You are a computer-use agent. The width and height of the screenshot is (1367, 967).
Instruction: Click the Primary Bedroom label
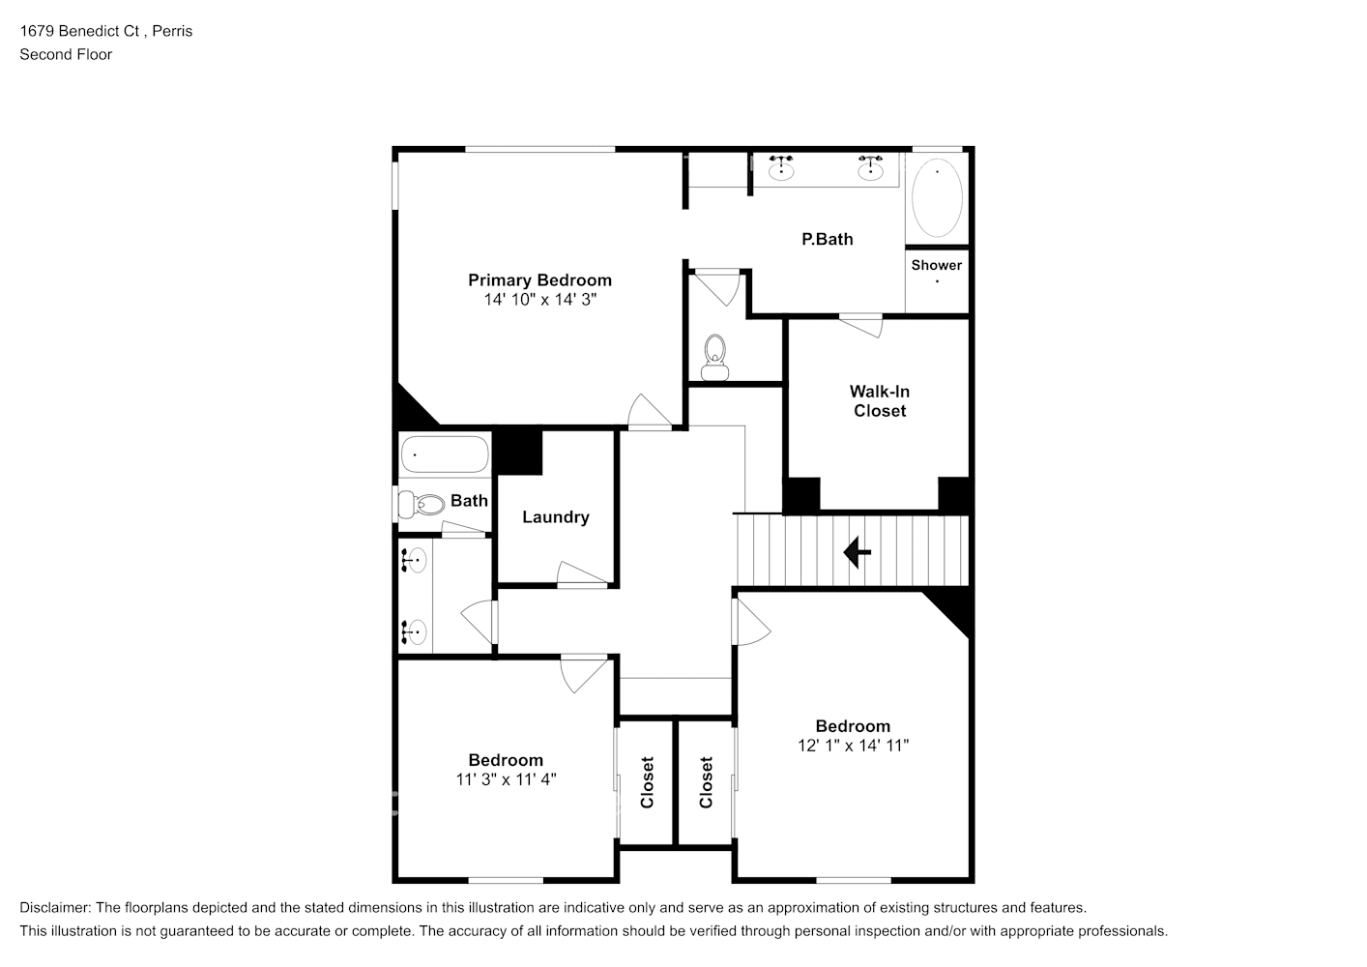coord(539,280)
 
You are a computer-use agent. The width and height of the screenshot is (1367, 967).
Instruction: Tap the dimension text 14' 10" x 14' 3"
coord(539,300)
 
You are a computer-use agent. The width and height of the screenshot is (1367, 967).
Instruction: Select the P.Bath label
coord(828,239)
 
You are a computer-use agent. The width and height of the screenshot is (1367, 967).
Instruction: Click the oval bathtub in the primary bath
coord(937,198)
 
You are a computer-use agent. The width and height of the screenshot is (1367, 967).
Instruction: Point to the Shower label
coord(936,265)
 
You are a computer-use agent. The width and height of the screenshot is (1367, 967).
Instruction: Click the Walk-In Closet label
coord(879,401)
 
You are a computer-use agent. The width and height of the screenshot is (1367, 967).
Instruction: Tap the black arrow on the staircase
coord(857,552)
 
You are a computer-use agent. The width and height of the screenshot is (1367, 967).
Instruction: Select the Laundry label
coord(555,517)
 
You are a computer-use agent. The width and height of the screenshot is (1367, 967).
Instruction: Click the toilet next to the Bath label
coord(419,503)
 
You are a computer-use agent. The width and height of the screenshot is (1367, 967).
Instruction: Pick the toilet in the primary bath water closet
coord(715,356)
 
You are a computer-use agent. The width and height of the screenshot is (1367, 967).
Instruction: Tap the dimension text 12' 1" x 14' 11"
coord(853,746)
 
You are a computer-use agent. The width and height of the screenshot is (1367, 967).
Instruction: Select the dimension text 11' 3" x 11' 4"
coord(506,779)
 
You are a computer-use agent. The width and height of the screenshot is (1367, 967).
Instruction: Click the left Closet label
coord(647,782)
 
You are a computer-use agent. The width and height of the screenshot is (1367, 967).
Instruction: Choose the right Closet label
coord(706,782)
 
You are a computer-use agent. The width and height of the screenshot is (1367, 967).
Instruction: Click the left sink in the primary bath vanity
coord(781,170)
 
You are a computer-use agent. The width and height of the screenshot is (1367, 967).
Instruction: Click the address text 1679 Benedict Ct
coord(80,31)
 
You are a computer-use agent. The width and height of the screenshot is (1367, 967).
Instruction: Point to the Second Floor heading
coord(66,54)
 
